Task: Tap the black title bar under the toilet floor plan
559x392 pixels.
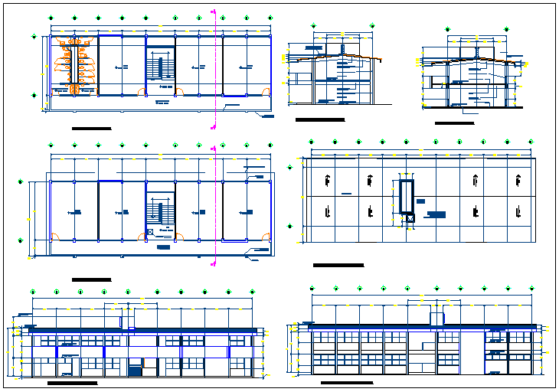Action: click(91, 128)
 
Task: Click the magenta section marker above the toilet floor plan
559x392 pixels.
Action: click(213, 13)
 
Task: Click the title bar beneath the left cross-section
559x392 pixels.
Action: click(320, 119)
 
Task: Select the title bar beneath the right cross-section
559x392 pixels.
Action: click(454, 122)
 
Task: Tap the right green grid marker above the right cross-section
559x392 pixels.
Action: click(506, 28)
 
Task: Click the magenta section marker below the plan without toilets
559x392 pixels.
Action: click(213, 261)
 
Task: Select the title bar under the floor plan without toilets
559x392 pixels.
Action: click(91, 279)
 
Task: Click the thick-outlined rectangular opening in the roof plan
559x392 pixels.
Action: click(405, 198)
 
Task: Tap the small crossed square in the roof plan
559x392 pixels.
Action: click(410, 218)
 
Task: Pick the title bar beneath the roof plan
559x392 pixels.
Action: click(338, 265)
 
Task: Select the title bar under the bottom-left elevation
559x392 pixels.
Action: click(72, 382)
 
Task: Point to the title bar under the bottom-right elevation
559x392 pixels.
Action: click(346, 382)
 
